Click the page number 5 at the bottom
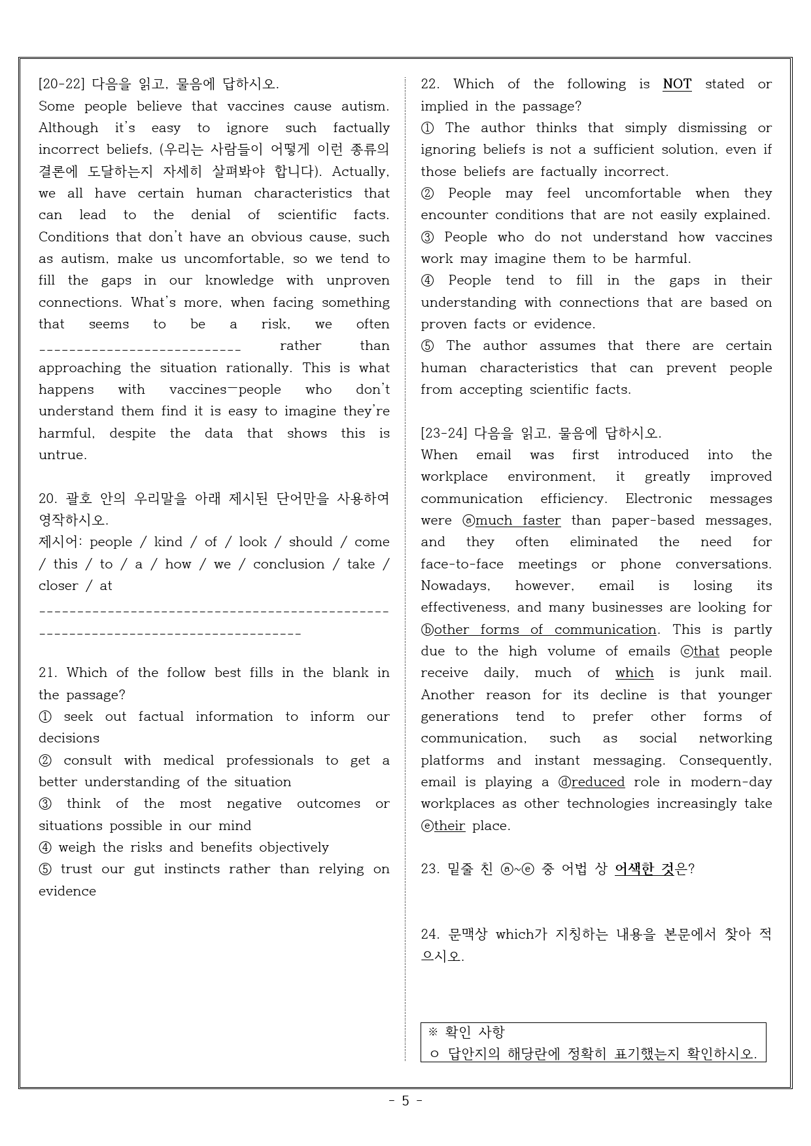(x=405, y=1100)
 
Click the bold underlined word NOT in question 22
(x=677, y=84)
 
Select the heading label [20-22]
(x=62, y=84)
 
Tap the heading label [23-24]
(x=444, y=433)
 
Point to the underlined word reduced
(x=598, y=782)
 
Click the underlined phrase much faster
(x=518, y=521)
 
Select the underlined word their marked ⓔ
(x=449, y=825)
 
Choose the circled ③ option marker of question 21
(x=45, y=804)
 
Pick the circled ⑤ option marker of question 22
(x=428, y=346)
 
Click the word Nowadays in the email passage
(x=455, y=586)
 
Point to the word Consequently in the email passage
(x=725, y=760)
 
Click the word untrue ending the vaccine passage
(x=62, y=455)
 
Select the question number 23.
(x=430, y=869)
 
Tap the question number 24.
(x=430, y=935)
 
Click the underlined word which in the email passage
(x=634, y=673)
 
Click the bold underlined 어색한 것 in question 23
(x=644, y=869)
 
